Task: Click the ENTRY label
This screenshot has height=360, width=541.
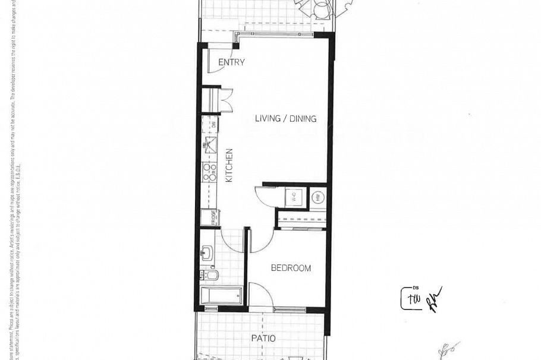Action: pyautogui.click(x=231, y=62)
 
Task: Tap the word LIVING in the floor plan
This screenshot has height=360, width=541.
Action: pyautogui.click(x=268, y=118)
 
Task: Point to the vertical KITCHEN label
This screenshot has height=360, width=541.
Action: pyautogui.click(x=229, y=165)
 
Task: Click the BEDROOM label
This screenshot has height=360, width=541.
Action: pyautogui.click(x=291, y=268)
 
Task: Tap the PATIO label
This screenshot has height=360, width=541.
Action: pyautogui.click(x=263, y=339)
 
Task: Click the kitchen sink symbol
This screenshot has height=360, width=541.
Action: pyautogui.click(x=209, y=143)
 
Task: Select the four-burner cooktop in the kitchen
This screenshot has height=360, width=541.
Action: pyautogui.click(x=209, y=172)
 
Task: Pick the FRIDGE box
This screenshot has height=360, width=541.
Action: pyautogui.click(x=209, y=217)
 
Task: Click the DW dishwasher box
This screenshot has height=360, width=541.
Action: pyautogui.click(x=209, y=124)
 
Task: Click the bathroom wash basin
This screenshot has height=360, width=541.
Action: pyautogui.click(x=207, y=254)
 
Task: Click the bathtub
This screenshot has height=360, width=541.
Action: pyautogui.click(x=221, y=295)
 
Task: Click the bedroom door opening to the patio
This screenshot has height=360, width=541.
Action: pyautogui.click(x=260, y=295)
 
